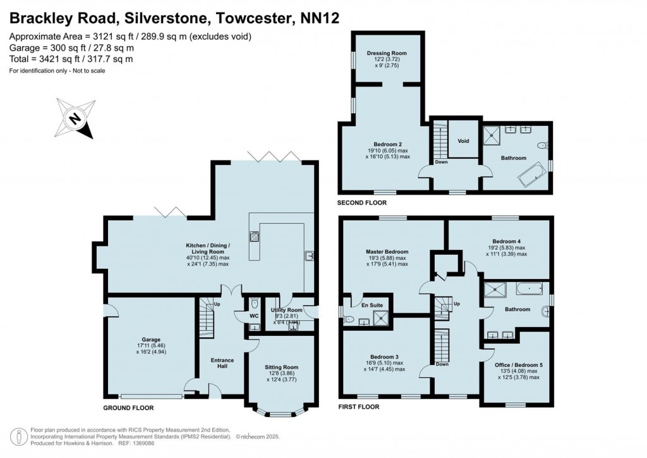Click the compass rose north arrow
[76, 118]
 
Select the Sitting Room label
[281, 367]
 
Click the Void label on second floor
[463, 140]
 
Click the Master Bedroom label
[387, 252]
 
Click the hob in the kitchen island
[257, 238]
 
